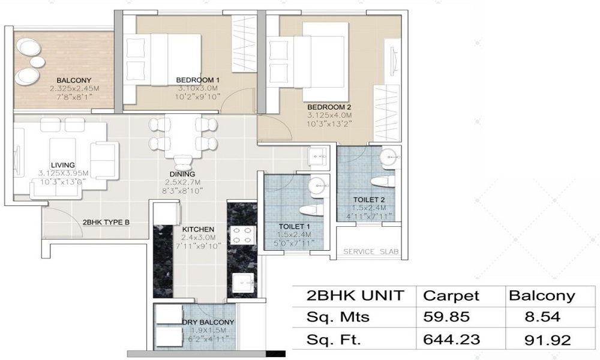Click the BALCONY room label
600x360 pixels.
[x=74, y=80]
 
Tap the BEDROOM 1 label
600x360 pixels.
[x=197, y=80]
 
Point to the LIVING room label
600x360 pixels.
[x=63, y=165]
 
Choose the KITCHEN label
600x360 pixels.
[x=197, y=229]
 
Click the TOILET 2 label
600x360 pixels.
[x=369, y=199]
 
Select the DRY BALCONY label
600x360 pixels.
[x=208, y=322]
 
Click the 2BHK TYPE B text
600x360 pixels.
[x=106, y=222]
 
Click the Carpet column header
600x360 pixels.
[x=451, y=296]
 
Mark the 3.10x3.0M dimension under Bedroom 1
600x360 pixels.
[x=197, y=88]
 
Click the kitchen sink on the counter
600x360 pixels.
[x=243, y=281]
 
